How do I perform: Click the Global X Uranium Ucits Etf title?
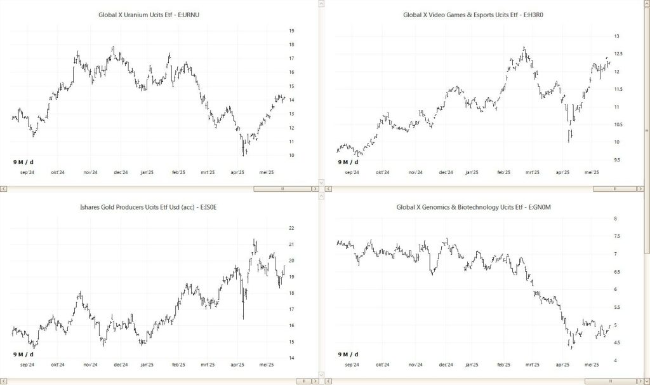[x=154, y=14]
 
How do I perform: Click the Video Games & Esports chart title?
[x=480, y=14]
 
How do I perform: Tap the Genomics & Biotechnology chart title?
[x=480, y=207]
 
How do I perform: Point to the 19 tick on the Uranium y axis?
[x=291, y=30]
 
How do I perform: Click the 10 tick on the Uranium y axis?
[x=291, y=155]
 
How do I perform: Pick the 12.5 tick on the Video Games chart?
[x=617, y=54]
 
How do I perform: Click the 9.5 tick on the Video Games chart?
[x=616, y=159]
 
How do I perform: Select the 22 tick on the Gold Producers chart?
[x=291, y=228]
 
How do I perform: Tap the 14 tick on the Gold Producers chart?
[x=291, y=358]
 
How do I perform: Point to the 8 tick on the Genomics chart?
[x=614, y=219]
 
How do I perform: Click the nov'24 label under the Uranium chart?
[x=90, y=172]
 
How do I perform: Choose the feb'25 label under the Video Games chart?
[x=503, y=172]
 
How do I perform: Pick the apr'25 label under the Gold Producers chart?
[x=237, y=365]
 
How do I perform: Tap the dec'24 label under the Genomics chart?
[x=446, y=365]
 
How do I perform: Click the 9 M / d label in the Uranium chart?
[x=23, y=162]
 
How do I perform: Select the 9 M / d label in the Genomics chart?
[x=348, y=354]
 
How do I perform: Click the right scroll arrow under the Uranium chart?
[x=314, y=189]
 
